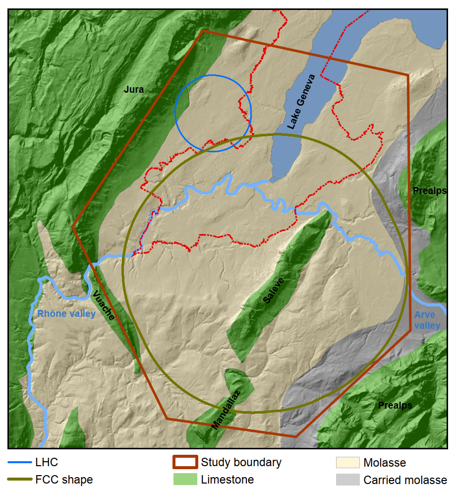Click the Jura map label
[x=134, y=90]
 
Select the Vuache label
[x=104, y=306]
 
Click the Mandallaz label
[x=226, y=410]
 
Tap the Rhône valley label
[x=66, y=313]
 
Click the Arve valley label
[x=427, y=320]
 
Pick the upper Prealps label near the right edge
[x=429, y=191]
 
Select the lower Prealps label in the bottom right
[x=395, y=405]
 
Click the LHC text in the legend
[x=47, y=463]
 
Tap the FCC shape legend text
[x=64, y=480]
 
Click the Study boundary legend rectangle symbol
[x=185, y=463]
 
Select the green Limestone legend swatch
[x=185, y=480]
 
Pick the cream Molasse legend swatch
[x=347, y=463]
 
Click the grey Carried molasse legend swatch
[x=347, y=480]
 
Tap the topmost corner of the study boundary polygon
[x=203, y=31]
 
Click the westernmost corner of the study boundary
[x=72, y=227]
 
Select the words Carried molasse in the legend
[x=405, y=480]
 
